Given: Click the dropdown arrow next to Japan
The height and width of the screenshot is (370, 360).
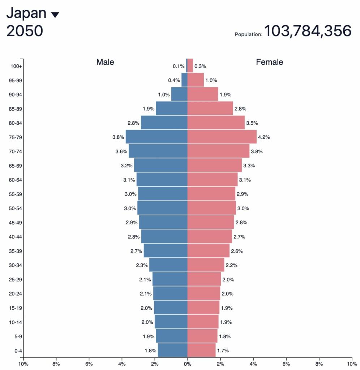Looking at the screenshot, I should click(55, 15).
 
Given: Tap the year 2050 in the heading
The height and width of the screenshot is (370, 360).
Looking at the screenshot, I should click(25, 31).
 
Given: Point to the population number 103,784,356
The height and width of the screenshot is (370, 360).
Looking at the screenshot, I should click(308, 31).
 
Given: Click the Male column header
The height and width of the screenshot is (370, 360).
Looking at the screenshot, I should click(105, 62).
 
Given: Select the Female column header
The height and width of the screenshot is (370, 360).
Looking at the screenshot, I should click(269, 62).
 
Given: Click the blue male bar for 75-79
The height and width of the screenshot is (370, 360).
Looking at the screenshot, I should click(157, 137).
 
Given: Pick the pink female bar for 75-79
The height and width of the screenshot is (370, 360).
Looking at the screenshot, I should click(222, 137).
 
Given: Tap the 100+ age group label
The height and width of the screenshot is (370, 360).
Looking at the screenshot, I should click(16, 66).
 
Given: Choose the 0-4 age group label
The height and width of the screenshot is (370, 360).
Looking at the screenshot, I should click(16, 350).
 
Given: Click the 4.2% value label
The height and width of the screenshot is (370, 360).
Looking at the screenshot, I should click(264, 137).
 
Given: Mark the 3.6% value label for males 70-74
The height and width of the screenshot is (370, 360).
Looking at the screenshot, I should click(121, 151).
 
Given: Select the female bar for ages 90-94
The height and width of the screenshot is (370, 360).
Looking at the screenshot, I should click(203, 94).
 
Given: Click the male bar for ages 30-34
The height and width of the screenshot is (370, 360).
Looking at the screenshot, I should click(168, 265).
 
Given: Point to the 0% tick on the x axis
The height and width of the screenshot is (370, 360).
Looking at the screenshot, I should click(187, 363).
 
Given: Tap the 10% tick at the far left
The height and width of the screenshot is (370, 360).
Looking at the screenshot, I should click(23, 363).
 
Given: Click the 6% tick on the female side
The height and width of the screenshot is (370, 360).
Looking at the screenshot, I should click(286, 363).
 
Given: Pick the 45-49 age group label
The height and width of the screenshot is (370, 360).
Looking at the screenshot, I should click(16, 223).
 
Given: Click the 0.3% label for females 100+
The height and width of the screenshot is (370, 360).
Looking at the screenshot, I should click(200, 66).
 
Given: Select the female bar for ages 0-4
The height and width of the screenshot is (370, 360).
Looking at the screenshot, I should click(201, 350).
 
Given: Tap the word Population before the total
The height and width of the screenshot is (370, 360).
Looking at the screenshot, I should click(248, 35).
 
